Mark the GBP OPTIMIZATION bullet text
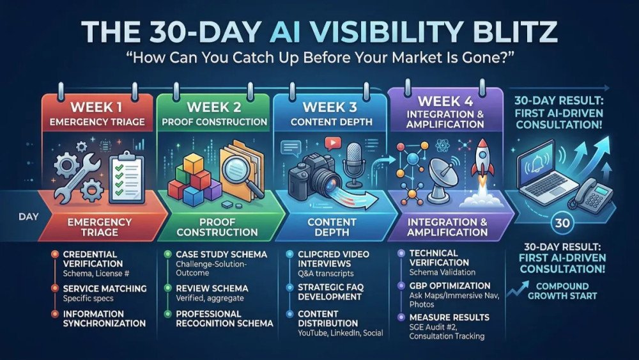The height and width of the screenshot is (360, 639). (450, 285)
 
